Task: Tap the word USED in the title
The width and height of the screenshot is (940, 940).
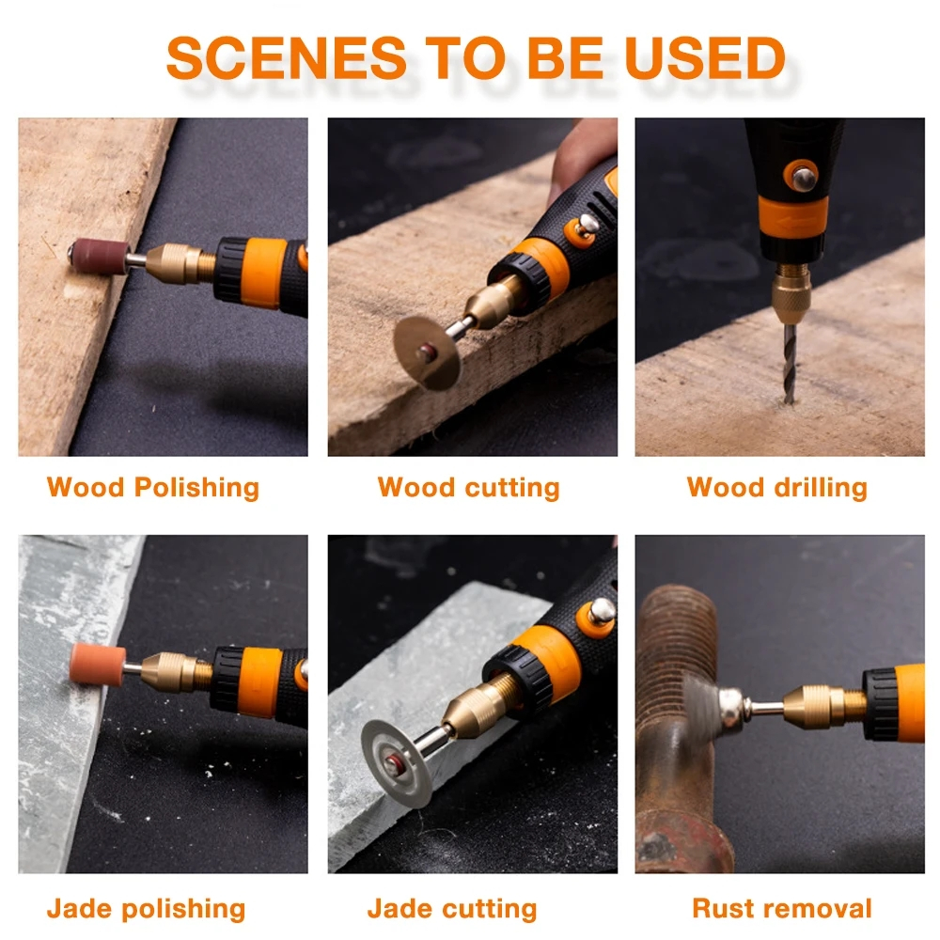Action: [x=705, y=57]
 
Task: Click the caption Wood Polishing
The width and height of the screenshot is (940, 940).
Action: [x=153, y=488]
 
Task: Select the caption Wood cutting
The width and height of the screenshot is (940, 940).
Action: [x=468, y=488]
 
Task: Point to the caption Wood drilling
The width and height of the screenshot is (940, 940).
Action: [x=777, y=488]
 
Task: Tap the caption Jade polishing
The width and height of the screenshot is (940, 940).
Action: [x=147, y=909]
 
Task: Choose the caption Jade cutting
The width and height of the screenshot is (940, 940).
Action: [x=452, y=909]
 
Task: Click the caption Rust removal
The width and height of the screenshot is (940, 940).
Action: [x=782, y=909]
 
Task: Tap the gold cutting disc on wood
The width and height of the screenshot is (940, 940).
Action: [x=427, y=353]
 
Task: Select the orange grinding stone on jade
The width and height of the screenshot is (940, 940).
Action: [x=98, y=664]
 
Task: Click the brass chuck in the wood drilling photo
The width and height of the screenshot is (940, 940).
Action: [x=791, y=293]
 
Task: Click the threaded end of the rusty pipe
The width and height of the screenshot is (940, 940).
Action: [x=678, y=641]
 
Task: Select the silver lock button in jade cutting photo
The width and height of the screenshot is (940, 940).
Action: [x=602, y=612]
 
